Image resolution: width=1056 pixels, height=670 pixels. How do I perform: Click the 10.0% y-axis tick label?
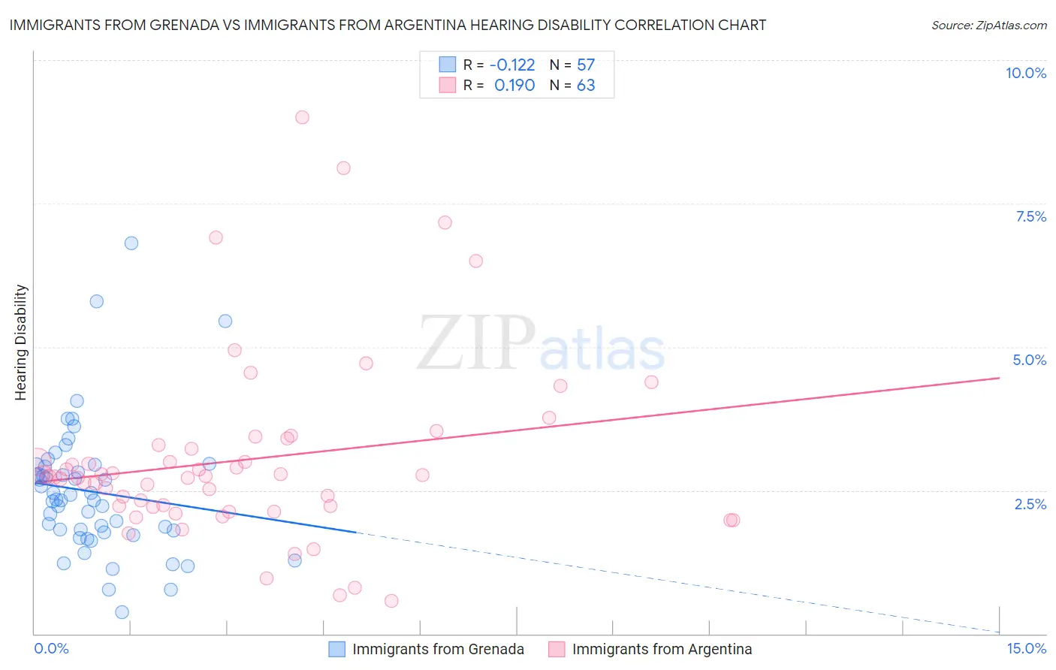pyautogui.click(x=1025, y=73)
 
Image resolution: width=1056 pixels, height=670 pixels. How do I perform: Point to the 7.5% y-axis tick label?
pyautogui.click(x=1030, y=216)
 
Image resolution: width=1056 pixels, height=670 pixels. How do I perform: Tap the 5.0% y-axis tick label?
pyautogui.click(x=1029, y=360)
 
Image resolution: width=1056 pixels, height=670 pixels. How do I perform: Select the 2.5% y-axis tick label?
pyautogui.click(x=1030, y=504)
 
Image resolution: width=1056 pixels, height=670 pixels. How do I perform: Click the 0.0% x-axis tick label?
pyautogui.click(x=51, y=648)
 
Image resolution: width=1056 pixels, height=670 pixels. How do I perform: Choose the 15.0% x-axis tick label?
pyautogui.click(x=1026, y=648)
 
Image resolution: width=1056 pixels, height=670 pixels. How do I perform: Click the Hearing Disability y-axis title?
pyautogui.click(x=21, y=343)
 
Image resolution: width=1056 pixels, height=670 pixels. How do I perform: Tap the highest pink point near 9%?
pyautogui.click(x=302, y=117)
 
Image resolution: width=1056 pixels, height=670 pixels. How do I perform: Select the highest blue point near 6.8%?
pyautogui.click(x=131, y=243)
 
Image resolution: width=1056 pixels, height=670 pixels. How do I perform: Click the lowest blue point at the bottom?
pyautogui.click(x=122, y=612)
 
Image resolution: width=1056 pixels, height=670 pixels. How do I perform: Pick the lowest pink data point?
pyautogui.click(x=391, y=601)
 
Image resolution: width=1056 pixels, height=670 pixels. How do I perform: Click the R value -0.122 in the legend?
pyautogui.click(x=512, y=65)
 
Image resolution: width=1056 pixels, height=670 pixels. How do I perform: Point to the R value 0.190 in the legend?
pyautogui.click(x=514, y=86)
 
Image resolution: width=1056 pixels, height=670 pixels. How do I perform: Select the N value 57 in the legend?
pyautogui.click(x=586, y=65)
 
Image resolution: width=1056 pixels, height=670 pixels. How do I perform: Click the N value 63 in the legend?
pyautogui.click(x=586, y=86)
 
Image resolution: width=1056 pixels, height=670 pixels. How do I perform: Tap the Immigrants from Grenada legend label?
pyautogui.click(x=438, y=649)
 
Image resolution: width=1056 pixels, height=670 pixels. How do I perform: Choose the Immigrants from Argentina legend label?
pyautogui.click(x=662, y=649)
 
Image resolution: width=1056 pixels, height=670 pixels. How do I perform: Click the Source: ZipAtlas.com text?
pyautogui.click(x=988, y=26)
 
